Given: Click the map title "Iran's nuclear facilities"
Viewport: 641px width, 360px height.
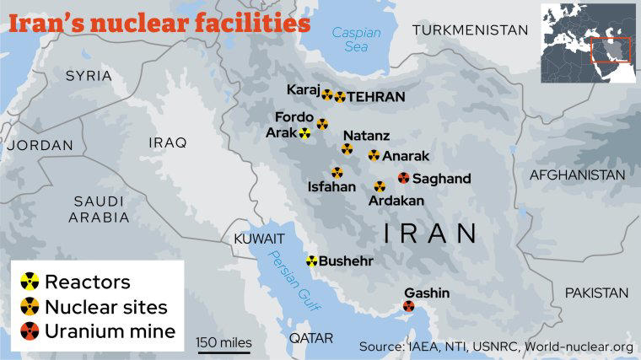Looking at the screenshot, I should (159, 22).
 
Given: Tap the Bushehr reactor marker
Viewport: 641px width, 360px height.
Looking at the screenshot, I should (312, 261).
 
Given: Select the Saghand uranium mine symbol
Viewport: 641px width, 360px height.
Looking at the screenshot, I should (404, 178).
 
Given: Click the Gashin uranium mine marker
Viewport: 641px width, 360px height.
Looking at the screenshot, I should (409, 308).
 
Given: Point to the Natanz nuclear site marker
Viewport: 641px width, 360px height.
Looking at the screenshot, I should (347, 149).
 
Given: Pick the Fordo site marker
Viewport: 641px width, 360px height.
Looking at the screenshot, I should (322, 124).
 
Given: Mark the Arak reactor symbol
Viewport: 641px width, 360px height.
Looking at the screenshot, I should (304, 133).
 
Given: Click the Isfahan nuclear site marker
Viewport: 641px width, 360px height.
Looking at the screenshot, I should (337, 173).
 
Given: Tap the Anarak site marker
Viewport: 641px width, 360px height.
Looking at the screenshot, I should (374, 155).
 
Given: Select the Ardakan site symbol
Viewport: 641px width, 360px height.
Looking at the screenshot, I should (380, 186).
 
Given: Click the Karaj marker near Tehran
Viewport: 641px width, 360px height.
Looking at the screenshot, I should (326, 95).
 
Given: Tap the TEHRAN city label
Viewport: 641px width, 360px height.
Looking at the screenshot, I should (376, 97).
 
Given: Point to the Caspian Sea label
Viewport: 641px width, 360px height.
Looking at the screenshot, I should (356, 40).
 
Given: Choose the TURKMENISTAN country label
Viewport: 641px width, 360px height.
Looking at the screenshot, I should (470, 30).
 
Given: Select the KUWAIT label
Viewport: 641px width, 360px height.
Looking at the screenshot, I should (254, 239).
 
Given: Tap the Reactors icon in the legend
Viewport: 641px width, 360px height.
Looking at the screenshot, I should (30, 281).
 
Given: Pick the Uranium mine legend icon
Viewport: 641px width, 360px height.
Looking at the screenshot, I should (30, 330).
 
